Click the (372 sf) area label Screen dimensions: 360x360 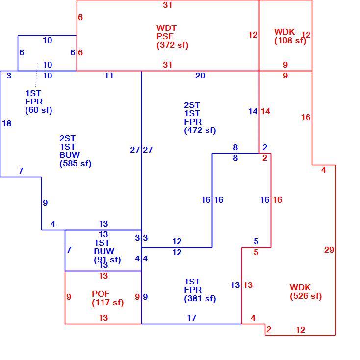[x=173, y=45]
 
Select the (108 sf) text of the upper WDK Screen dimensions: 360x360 [x=290, y=41]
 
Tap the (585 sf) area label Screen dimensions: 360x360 [x=76, y=164]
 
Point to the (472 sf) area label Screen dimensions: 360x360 [x=200, y=130]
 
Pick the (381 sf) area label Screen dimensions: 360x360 [x=200, y=299]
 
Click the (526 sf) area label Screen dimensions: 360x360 [x=306, y=296]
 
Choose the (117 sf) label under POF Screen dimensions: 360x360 [x=108, y=302]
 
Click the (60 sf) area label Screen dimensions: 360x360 [x=39, y=110]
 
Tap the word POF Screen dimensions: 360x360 [x=101, y=294]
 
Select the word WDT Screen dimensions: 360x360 [x=166, y=28]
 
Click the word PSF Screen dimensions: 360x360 [x=165, y=36]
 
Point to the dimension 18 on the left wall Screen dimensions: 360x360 [x=7, y=123]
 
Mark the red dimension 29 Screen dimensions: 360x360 [x=329, y=250]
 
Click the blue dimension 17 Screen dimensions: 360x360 [x=191, y=318]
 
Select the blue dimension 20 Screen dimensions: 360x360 [x=200, y=76]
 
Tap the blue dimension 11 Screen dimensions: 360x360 [x=109, y=76]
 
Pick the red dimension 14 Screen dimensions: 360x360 [x=265, y=112]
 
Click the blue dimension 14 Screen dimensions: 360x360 [x=253, y=112]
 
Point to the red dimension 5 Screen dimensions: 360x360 [x=256, y=252]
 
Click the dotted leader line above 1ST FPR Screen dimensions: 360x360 [x=36, y=75]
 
